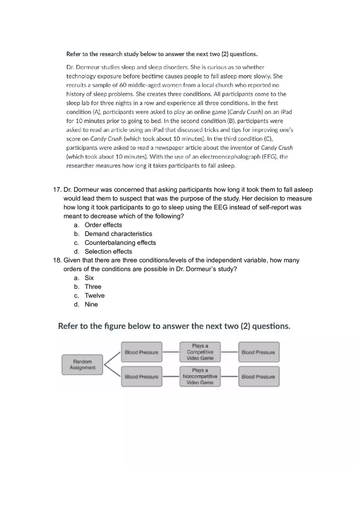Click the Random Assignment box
[82, 364]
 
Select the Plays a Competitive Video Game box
[200, 352]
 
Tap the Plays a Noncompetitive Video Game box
[200, 377]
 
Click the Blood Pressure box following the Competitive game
[259, 352]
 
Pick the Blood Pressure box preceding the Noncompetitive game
[142, 377]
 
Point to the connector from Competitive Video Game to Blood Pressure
[229, 352]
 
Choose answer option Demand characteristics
[118, 234]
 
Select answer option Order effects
[103, 225]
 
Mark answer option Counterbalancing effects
[120, 243]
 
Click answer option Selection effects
[108, 252]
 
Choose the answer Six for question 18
[89, 278]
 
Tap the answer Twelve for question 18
[94, 296]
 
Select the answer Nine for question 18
[91, 304]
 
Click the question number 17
[57, 190]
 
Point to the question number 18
[57, 261]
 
